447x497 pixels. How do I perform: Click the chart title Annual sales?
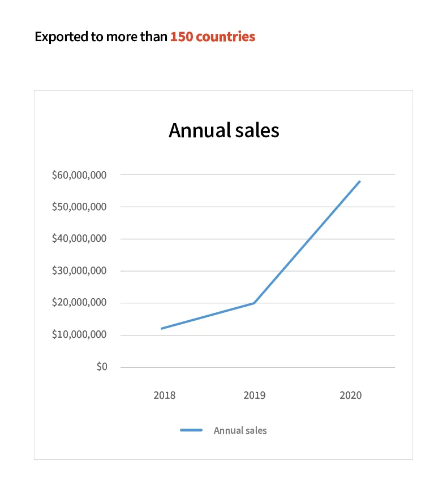[223, 130]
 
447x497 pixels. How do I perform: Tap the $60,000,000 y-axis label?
[79, 175]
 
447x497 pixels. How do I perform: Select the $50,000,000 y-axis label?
[79, 207]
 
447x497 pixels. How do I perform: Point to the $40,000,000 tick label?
[79, 239]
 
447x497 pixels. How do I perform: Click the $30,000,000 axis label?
[79, 271]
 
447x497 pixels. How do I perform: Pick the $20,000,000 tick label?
[79, 303]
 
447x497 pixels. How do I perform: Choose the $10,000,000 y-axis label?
[79, 335]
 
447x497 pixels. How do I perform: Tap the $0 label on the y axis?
[102, 367]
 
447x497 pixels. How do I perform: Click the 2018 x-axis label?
[164, 395]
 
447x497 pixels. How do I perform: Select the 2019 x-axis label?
[255, 395]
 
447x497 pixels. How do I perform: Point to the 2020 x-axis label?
[350, 395]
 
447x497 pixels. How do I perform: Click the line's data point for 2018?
[162, 328]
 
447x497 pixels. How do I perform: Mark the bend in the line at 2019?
[255, 303]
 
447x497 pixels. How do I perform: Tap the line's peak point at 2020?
[359, 181]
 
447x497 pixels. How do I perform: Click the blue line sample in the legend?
[191, 430]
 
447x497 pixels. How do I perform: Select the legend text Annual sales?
[240, 430]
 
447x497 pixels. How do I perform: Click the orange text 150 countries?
[213, 37]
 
